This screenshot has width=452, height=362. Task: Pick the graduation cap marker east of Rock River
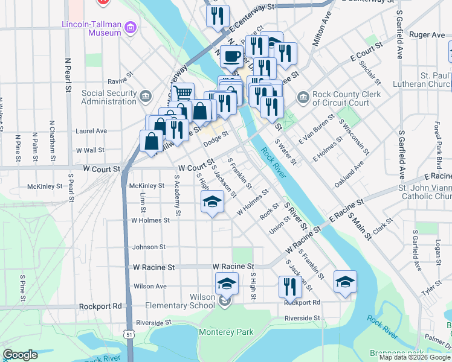pos(344,281)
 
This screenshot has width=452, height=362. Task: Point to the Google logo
pos(20,355)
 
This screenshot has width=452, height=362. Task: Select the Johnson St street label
pos(149,247)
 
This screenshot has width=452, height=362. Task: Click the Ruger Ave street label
pos(427,35)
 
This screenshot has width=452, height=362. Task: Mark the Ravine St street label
pos(120,78)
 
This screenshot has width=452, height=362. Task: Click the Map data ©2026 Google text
pos(414,357)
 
